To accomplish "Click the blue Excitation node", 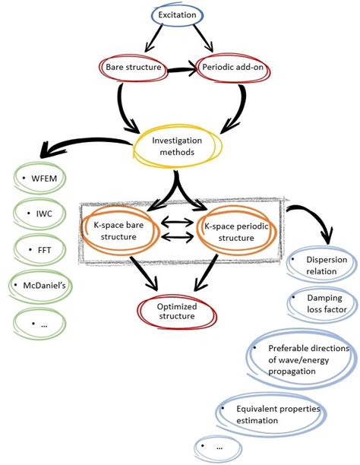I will pyautogui.click(x=176, y=14).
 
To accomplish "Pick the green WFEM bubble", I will pyautogui.click(x=39, y=179).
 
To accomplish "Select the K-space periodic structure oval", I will pyautogui.click(x=235, y=231).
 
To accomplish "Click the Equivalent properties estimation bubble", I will pyautogui.click(x=270, y=414).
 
